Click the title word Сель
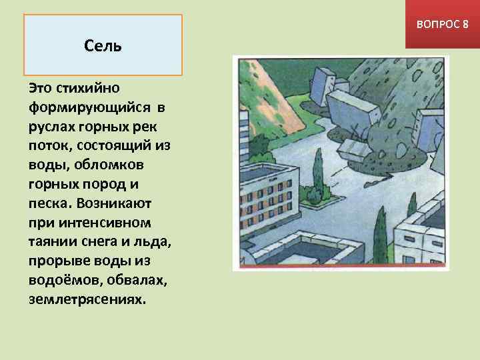click(x=103, y=46)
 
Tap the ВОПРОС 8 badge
click(x=442, y=24)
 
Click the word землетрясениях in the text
click(x=86, y=299)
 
